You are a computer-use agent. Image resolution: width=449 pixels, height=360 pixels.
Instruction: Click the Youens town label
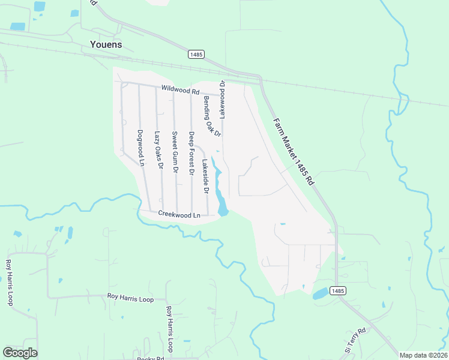pyautogui.click(x=105, y=44)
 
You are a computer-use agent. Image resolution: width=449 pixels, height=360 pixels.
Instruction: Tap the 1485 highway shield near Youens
pyautogui.click(x=196, y=54)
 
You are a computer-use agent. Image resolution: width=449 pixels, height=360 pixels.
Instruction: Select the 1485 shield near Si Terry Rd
pyautogui.click(x=337, y=291)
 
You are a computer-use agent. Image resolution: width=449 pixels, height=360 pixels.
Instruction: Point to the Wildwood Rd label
pyautogui.click(x=179, y=91)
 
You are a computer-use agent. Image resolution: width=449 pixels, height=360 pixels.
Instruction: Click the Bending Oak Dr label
pyautogui.click(x=212, y=115)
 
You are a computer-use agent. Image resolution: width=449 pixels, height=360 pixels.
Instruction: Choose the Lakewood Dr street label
pyautogui.click(x=221, y=98)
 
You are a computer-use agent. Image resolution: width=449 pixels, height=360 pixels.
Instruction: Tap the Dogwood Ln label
pyautogui.click(x=142, y=148)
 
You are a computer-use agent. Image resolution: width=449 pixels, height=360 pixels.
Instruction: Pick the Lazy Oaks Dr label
pyautogui.click(x=159, y=149)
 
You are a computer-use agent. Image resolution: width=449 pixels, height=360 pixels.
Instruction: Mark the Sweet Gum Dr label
pyautogui.click(x=175, y=152)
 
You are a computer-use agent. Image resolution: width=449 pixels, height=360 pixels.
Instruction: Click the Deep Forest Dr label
pyautogui.click(x=191, y=153)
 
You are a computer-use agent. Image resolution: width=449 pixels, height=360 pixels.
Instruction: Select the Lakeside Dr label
pyautogui.click(x=205, y=176)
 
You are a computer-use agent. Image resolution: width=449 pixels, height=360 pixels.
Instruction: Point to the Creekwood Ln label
pyautogui.click(x=178, y=214)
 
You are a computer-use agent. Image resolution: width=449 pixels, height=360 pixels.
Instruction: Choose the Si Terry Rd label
pyautogui.click(x=355, y=340)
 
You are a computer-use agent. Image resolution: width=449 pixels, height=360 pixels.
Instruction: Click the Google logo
pyautogui.click(x=20, y=353)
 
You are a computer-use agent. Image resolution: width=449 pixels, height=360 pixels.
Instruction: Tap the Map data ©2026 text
pyautogui.click(x=424, y=355)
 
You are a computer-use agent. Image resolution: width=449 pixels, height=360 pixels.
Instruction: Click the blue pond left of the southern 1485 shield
pyautogui.click(x=321, y=293)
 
